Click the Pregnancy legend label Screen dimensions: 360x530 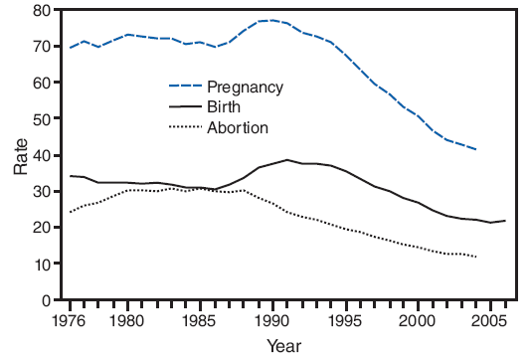pyautogui.click(x=245, y=87)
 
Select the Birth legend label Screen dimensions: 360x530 pyautogui.click(x=224, y=106)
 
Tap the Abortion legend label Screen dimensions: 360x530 pyautogui.click(x=237, y=127)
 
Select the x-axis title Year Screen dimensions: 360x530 pyautogui.click(x=284, y=346)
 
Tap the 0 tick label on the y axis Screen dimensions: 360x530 pyautogui.click(x=46, y=300)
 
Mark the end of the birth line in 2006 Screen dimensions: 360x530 pyautogui.click(x=504, y=221)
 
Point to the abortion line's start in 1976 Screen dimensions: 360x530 pyautogui.click(x=70, y=213)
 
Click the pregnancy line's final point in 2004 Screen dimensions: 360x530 pyautogui.click(x=475, y=149)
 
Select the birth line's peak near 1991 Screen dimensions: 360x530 pyautogui.click(x=286, y=160)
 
